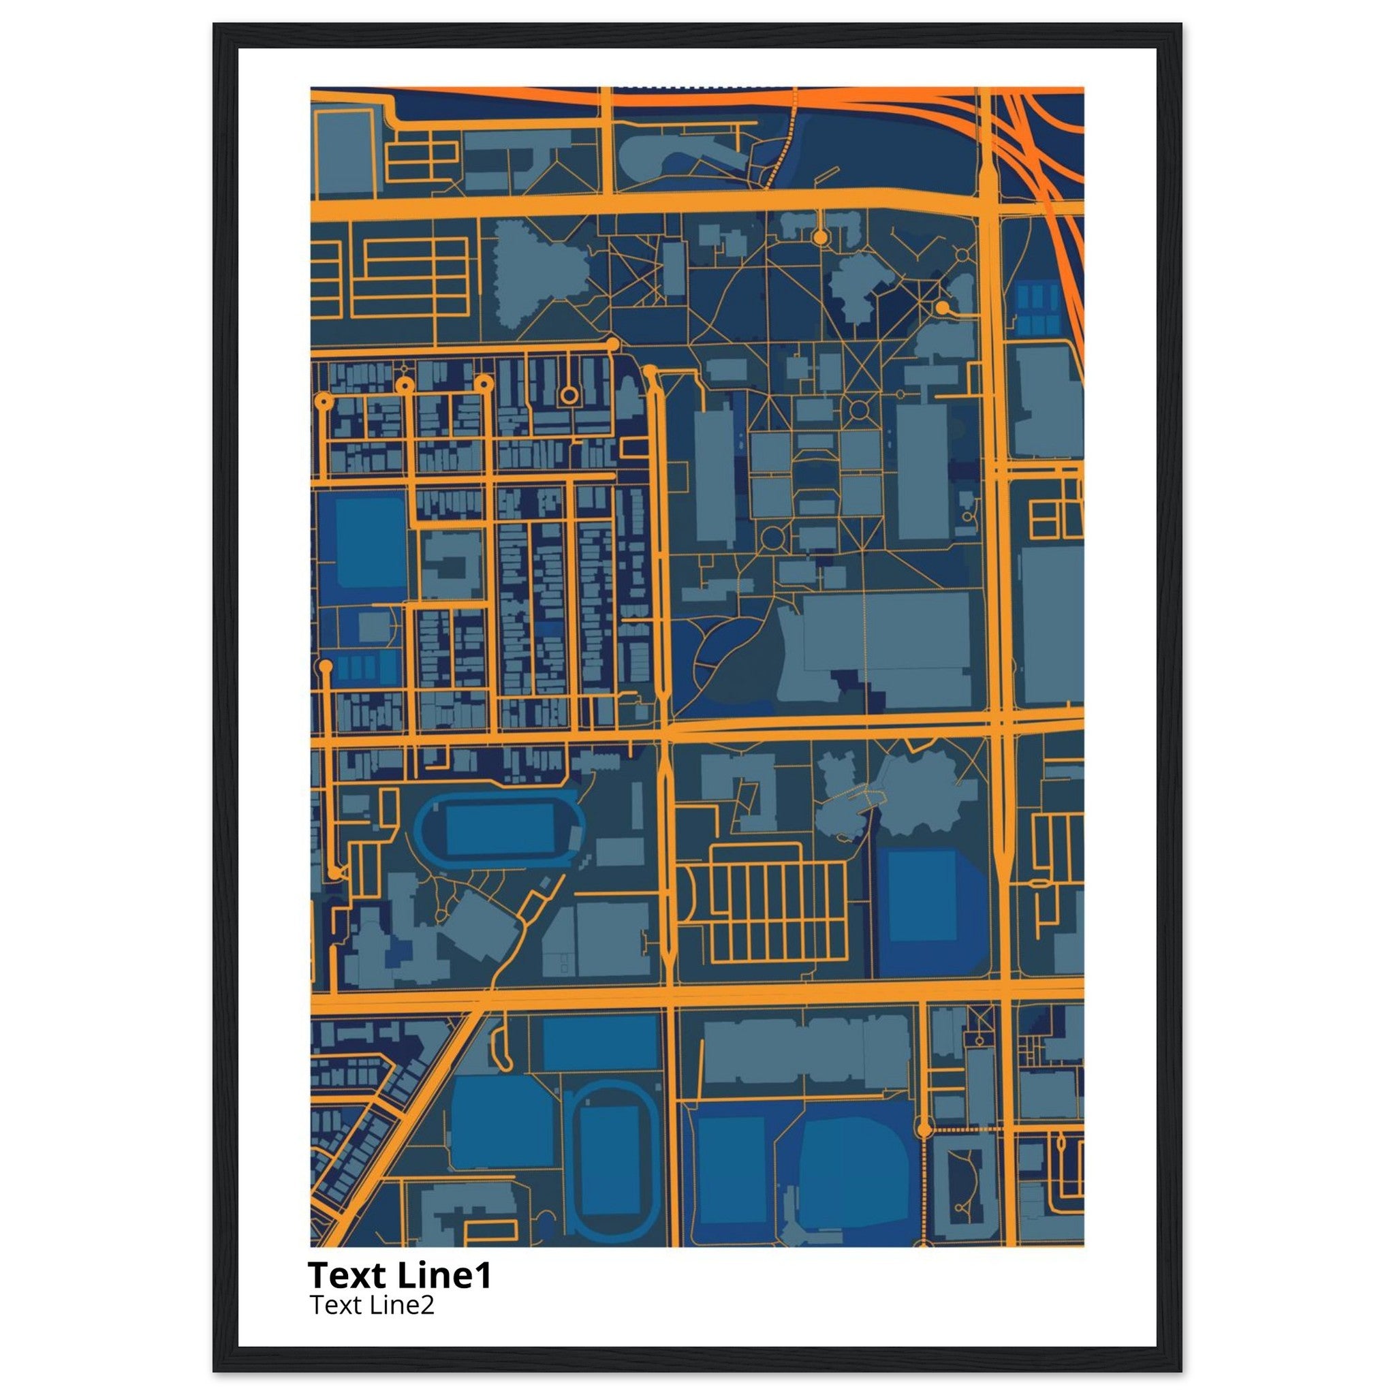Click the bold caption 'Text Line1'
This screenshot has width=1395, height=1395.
tap(399, 1275)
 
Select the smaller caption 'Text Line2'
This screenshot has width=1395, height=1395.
tap(372, 1304)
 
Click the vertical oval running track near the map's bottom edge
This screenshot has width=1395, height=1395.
tap(610, 1159)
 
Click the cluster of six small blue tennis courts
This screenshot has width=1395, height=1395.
tap(1037, 307)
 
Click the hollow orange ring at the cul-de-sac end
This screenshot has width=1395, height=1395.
tap(569, 394)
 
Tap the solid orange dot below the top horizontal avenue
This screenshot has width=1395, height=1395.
tap(819, 236)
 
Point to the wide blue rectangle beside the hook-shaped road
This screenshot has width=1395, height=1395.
tap(599, 1043)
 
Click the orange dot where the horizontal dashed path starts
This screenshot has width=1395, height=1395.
tap(923, 1129)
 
